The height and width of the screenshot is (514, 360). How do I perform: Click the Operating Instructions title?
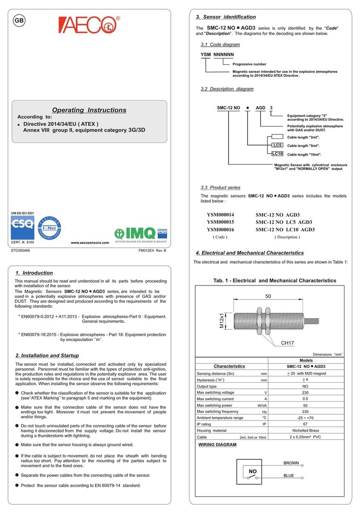(x=89, y=110)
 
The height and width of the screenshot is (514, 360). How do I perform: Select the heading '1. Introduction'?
(x=34, y=273)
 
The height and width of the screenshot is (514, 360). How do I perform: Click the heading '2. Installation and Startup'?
(x=47, y=355)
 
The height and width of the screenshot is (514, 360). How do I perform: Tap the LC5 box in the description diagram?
(x=277, y=146)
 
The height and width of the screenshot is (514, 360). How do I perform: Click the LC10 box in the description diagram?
(x=277, y=154)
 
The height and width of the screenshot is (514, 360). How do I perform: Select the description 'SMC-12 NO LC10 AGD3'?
(x=285, y=229)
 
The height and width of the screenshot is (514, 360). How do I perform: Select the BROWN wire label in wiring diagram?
(x=291, y=463)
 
